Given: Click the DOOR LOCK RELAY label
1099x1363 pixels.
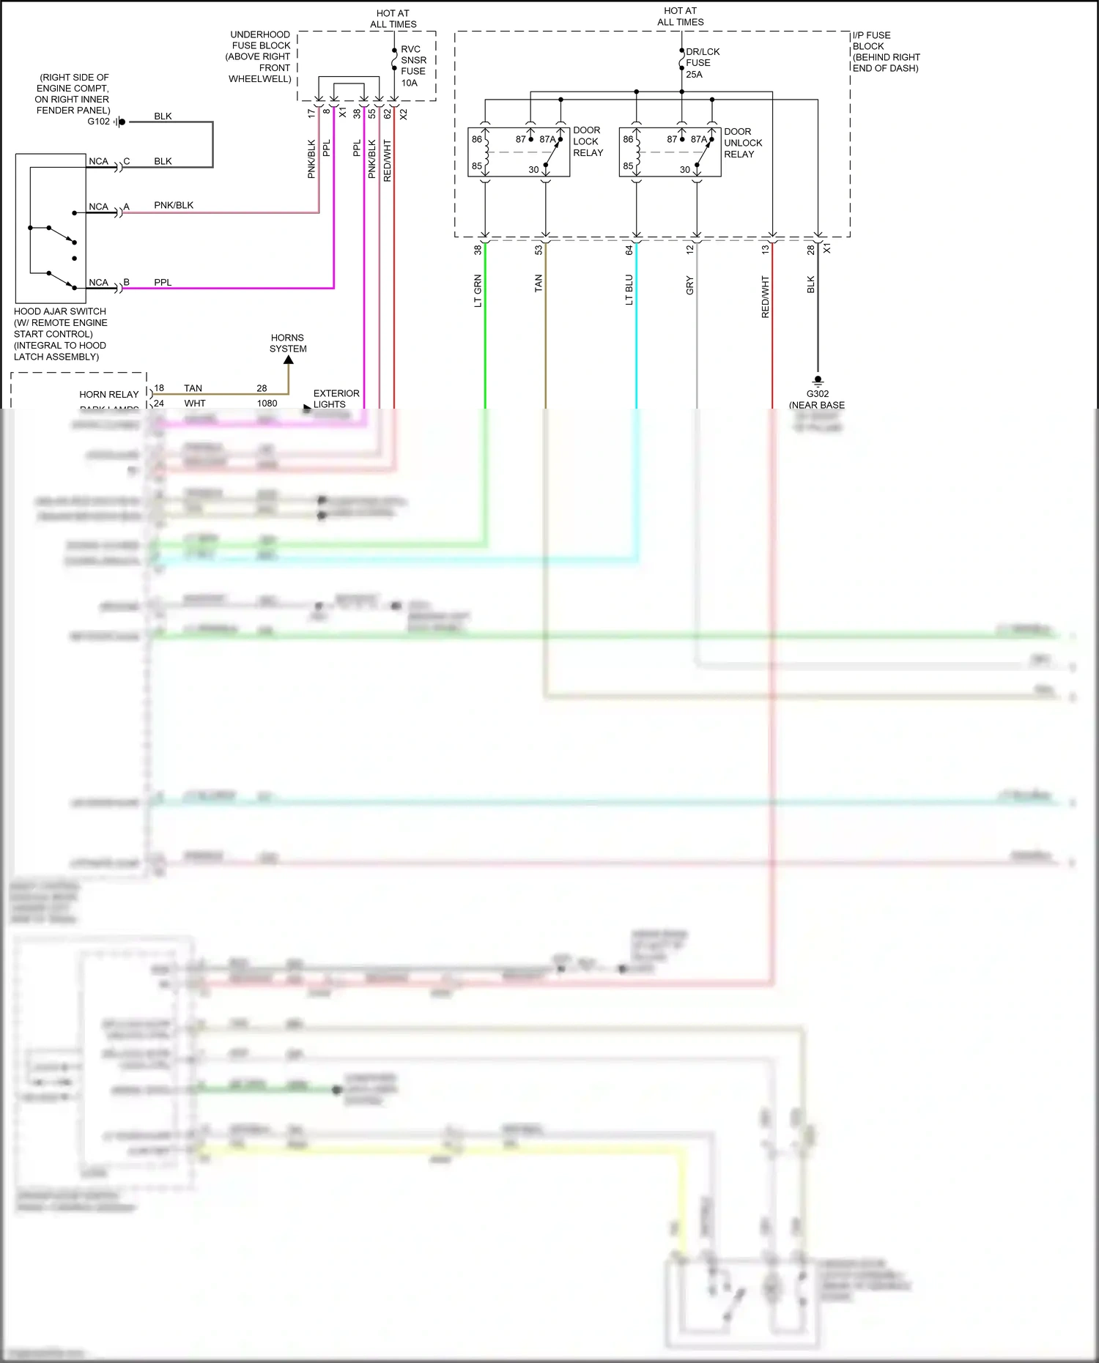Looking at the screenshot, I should [x=588, y=141].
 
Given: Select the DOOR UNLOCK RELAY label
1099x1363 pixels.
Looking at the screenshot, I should [x=742, y=143].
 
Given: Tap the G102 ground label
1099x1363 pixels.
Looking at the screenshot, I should [x=98, y=122].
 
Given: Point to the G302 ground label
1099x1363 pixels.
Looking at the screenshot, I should [x=817, y=394].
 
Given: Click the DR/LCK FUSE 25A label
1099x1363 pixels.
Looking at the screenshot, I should [x=702, y=63].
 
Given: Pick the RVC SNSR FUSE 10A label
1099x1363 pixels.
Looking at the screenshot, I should [x=412, y=66].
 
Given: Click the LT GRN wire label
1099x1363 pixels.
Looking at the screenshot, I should [x=478, y=291].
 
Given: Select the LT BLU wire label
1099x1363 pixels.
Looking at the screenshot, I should [x=629, y=290].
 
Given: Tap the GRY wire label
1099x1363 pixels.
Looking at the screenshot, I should [x=690, y=286].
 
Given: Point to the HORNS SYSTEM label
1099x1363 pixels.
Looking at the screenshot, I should [x=288, y=343].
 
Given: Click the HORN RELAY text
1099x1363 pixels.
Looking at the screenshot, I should [x=108, y=394].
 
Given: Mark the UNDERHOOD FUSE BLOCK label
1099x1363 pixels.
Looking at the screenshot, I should [x=260, y=56].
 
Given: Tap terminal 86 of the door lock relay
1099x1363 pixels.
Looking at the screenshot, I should [x=477, y=139].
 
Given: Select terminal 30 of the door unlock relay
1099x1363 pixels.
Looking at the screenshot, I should [x=684, y=170].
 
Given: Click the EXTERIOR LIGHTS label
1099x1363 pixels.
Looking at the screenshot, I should [x=336, y=398].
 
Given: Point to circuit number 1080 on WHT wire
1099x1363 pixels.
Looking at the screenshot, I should [x=267, y=404].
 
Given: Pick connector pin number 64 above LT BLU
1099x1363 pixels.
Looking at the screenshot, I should [x=629, y=250].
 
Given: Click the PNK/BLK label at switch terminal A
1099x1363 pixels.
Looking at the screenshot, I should [x=174, y=205].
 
